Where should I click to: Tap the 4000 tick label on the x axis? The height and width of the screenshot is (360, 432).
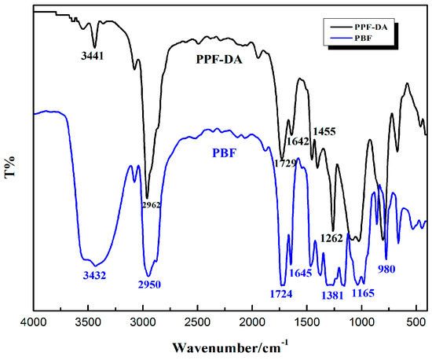(x=32, y=322)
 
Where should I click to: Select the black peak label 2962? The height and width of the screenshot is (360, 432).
(x=151, y=205)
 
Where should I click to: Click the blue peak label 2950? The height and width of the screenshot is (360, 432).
(x=149, y=284)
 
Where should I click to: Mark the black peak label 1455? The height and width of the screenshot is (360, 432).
(x=325, y=131)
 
